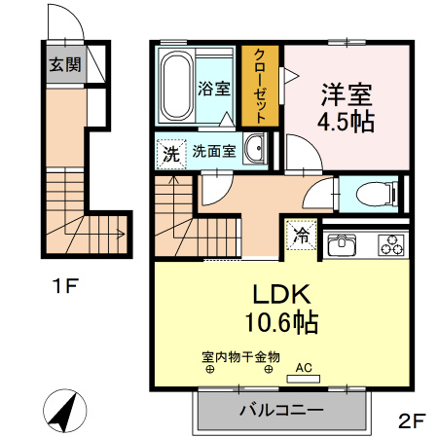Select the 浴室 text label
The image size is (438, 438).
[215, 89]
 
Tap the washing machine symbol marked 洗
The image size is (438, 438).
[170, 153]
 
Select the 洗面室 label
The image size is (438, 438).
[213, 152]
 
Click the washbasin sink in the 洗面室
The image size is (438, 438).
[256, 151]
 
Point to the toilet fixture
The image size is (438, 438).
[375, 193]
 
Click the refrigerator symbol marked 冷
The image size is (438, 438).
[302, 235]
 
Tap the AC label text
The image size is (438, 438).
[303, 367]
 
